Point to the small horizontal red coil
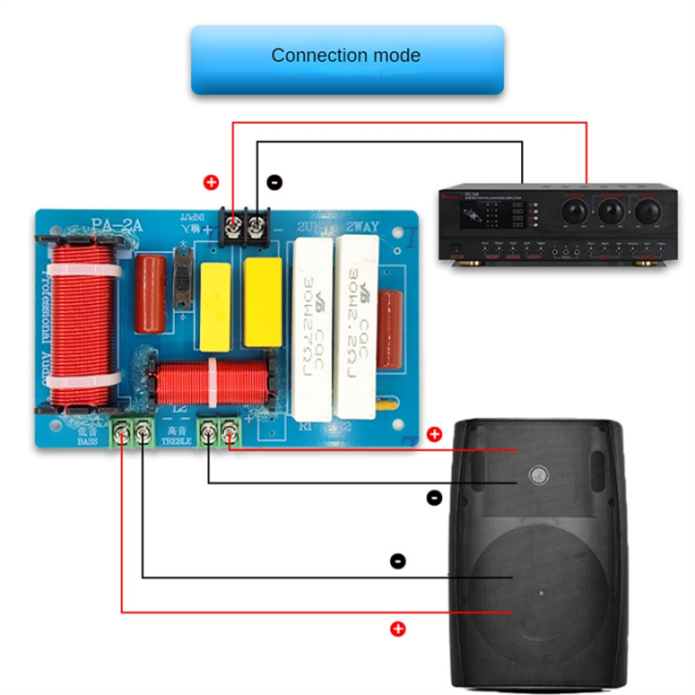[210, 383]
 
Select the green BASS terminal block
[133, 433]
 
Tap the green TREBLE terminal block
[218, 431]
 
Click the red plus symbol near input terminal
[211, 182]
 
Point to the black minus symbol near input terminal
[274, 181]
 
